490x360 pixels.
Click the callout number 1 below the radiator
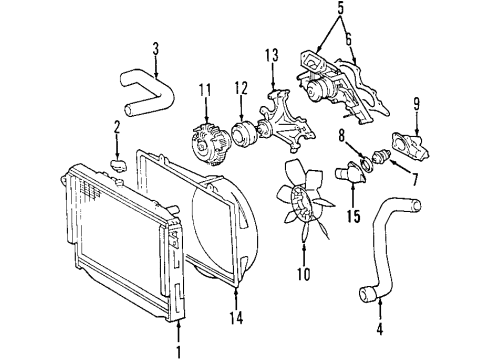click(x=179, y=350)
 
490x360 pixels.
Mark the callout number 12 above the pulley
click(x=240, y=90)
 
